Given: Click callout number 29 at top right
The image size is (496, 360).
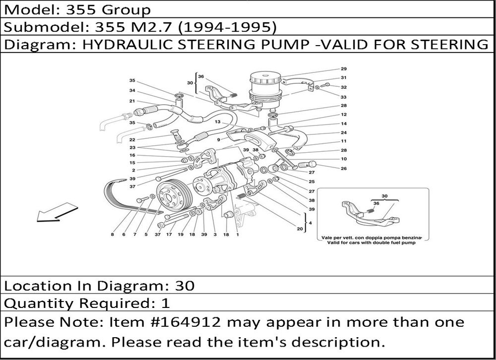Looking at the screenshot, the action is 344,68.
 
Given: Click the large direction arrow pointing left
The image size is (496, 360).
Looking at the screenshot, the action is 57,213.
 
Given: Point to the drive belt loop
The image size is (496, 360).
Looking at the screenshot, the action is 133,196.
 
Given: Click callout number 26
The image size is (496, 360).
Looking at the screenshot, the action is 344,169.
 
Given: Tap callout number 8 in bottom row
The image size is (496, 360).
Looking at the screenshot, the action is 112,235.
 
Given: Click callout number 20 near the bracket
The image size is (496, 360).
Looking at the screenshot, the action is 300,229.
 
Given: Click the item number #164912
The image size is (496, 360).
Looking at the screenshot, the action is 183,322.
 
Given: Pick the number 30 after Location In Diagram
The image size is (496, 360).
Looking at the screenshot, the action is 185,286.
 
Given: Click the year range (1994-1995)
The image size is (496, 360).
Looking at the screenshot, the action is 227,28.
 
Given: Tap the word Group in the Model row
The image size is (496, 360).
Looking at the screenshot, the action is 126,10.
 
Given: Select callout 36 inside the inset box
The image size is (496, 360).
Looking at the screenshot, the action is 376,203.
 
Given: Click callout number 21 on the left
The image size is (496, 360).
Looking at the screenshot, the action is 132,101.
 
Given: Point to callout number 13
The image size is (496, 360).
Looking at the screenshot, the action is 217,122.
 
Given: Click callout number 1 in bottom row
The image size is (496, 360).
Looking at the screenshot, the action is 237,235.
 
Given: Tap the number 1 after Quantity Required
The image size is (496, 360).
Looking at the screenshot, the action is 166,303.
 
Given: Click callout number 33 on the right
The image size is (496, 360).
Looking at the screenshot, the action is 344,97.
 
